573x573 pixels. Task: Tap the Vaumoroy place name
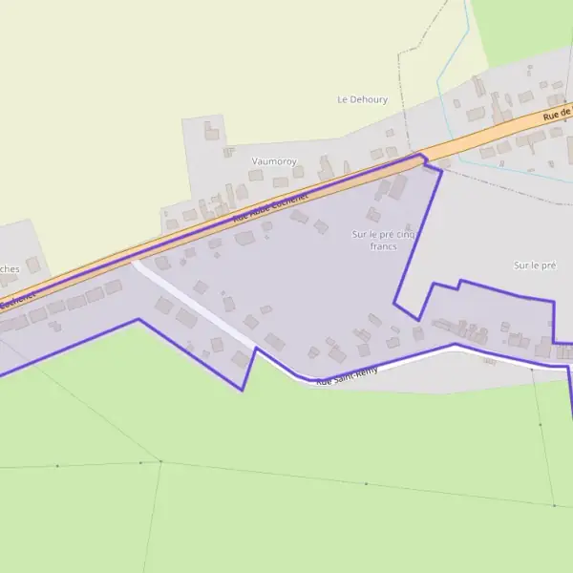pyautogui.click(x=274, y=161)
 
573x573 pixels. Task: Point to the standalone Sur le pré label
pyautogui.click(x=534, y=265)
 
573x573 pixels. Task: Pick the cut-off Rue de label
pyautogui.click(x=556, y=115)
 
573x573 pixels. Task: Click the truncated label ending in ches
pyautogui.click(x=10, y=269)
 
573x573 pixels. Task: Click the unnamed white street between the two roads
pyautogui.click(x=196, y=306)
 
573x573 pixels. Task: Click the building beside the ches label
pyautogui.click(x=33, y=264)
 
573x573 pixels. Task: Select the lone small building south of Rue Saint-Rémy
pyautogui.click(x=489, y=360)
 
